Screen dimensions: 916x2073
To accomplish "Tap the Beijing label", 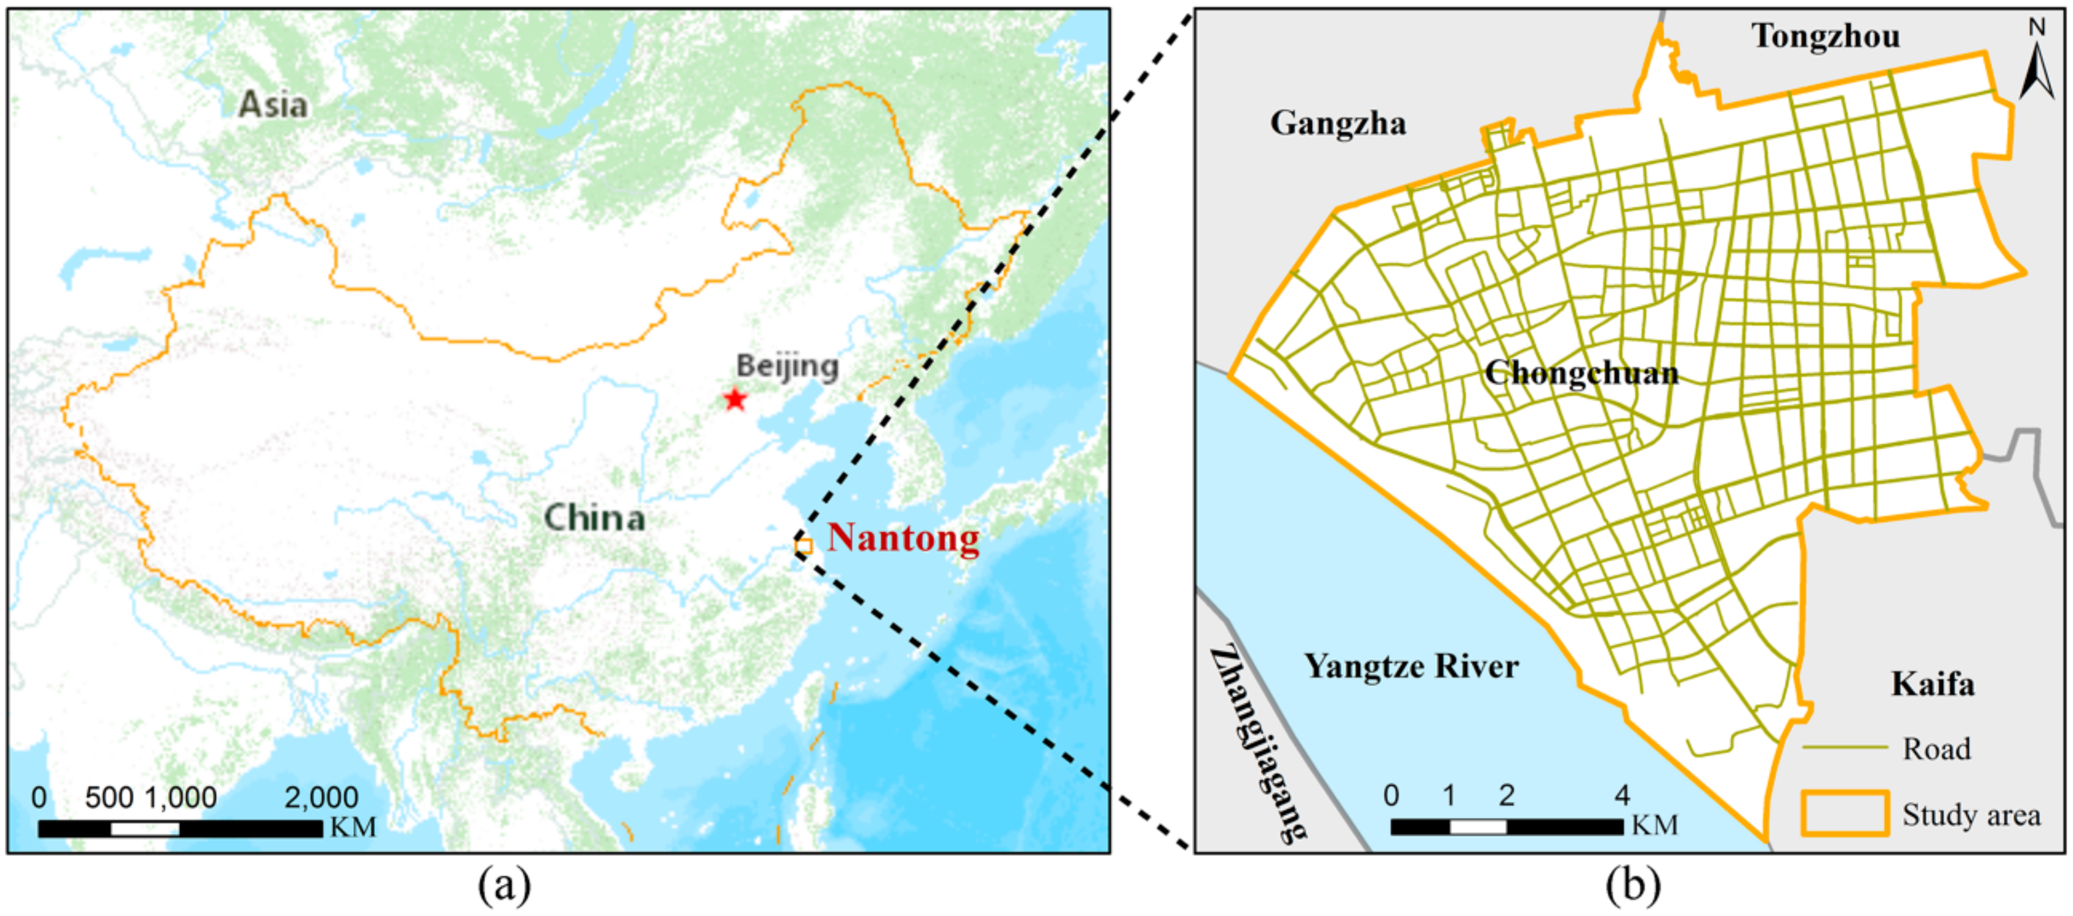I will click(787, 367).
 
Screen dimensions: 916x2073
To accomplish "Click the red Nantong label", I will click(903, 538).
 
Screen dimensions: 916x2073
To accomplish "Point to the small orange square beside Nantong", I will click(802, 547).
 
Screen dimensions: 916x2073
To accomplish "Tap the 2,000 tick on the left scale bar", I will click(321, 798).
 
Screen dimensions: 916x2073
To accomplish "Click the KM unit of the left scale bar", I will click(352, 827).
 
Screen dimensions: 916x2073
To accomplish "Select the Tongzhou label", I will click(1825, 36).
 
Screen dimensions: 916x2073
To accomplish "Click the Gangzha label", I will click(1338, 123).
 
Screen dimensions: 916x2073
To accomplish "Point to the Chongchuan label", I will click(1581, 373).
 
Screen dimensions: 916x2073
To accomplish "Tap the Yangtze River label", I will click(1411, 666).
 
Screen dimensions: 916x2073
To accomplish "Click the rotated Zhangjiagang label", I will click(1258, 744).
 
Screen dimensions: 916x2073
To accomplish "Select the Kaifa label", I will click(1932, 684).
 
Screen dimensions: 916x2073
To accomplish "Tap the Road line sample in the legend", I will click(1844, 748).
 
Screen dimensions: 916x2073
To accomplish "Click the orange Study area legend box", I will click(1844, 813).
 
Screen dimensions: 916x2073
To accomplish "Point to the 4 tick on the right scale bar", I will click(1622, 795).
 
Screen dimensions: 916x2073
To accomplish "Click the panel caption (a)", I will click(505, 886).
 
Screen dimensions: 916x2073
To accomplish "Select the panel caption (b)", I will click(1633, 886).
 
